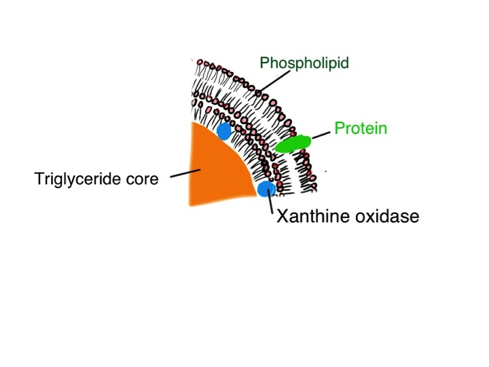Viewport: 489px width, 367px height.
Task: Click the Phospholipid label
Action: tap(304, 63)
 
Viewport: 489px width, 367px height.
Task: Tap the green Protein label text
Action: tap(360, 128)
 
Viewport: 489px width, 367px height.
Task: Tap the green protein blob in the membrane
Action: tap(293, 143)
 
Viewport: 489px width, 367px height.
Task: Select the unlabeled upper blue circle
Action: tap(223, 131)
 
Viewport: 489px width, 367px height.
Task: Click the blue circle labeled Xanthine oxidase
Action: tap(266, 189)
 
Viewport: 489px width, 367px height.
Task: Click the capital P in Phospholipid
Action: tap(264, 63)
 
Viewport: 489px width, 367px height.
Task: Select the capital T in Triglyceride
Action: tap(39, 179)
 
